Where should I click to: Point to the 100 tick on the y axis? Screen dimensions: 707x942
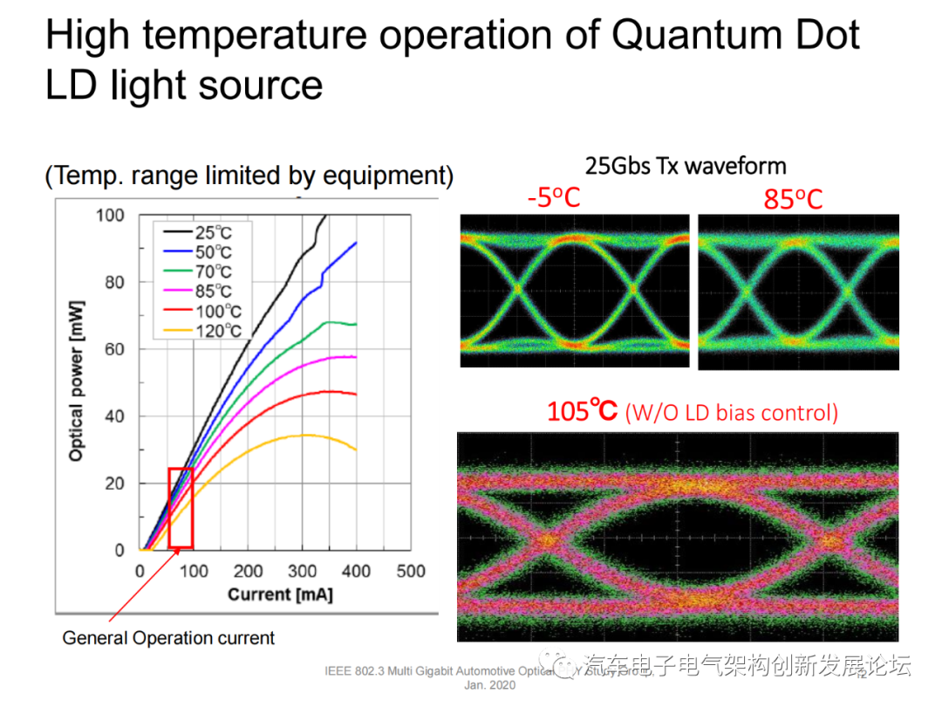coord(111,215)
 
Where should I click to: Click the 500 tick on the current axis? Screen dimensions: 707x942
coord(410,572)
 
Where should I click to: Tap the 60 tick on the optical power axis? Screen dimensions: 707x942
coord(115,349)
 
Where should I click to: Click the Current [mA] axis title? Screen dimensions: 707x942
coord(280,594)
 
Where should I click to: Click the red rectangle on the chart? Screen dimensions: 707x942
coord(181,508)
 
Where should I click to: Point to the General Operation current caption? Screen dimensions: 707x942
coord(168,638)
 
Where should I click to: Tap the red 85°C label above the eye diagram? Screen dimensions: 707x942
coord(793,199)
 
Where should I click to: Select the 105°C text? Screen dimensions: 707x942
coord(582,411)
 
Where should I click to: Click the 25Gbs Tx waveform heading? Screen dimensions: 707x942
coord(686,166)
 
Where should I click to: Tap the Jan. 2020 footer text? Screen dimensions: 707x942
coord(489,685)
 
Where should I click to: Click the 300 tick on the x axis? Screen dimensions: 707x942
coord(302,572)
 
